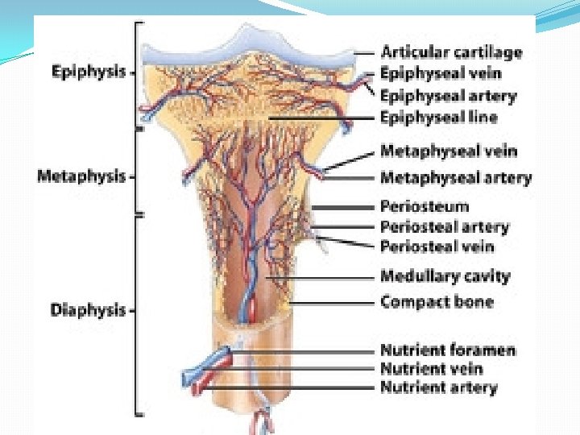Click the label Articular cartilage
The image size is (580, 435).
451,52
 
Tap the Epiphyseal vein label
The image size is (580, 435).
441,73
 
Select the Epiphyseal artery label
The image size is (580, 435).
449,96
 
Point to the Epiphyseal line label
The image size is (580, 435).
439,117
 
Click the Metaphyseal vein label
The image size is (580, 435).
449,151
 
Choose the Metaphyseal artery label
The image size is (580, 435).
456,177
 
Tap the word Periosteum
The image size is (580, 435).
424,206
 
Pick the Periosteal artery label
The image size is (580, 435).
445,227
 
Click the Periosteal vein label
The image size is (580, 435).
437,246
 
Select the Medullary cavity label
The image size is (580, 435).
445,276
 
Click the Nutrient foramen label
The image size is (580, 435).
448,350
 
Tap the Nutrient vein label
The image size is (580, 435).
432,369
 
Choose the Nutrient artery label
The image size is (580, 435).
439,387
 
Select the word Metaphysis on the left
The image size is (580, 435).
81,175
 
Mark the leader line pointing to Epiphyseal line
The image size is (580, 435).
322,118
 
